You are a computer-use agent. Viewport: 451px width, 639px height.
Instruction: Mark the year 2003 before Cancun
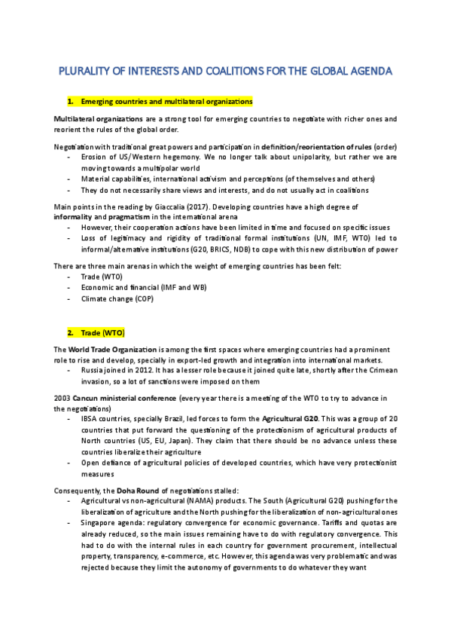click(62, 397)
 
